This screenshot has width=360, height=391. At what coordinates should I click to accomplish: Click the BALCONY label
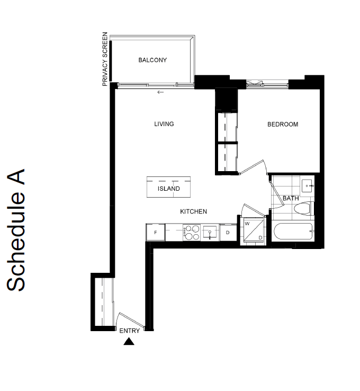click(152, 60)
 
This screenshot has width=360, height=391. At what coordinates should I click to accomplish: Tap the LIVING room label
click(164, 124)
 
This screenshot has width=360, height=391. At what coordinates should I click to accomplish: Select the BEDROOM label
click(283, 124)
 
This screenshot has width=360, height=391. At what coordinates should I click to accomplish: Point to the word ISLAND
click(169, 189)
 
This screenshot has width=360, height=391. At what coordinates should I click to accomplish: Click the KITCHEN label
click(194, 211)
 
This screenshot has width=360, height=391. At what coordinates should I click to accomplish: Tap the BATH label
click(291, 198)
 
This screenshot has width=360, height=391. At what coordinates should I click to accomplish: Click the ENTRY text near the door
click(130, 331)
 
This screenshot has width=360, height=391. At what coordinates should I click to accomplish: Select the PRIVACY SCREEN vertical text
click(105, 59)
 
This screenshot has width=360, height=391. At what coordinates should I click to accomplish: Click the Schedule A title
click(16, 230)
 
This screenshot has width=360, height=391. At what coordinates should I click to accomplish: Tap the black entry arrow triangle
click(129, 341)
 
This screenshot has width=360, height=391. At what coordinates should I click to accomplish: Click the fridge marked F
click(156, 233)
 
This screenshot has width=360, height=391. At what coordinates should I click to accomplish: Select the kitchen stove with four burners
click(192, 233)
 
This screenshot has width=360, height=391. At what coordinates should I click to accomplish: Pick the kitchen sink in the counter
click(210, 233)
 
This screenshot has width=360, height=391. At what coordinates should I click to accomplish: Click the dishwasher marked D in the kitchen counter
click(228, 233)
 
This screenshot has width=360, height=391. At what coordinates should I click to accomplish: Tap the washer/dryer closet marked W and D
click(254, 230)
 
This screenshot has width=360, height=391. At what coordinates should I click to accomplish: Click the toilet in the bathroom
click(303, 208)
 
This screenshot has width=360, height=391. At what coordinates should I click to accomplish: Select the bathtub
click(292, 232)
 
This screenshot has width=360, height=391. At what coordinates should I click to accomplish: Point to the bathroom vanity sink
click(307, 186)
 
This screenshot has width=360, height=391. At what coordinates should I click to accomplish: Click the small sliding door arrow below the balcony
click(160, 92)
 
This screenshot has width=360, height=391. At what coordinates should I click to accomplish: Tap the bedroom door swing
click(252, 166)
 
